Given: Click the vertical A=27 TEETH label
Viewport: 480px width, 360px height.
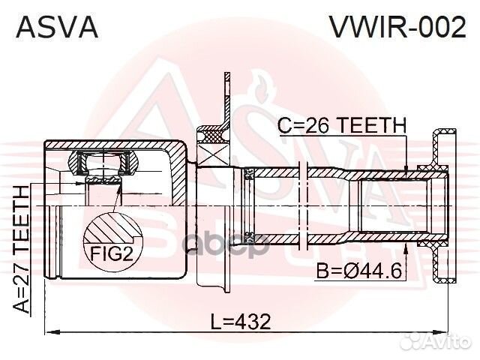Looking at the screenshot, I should (22, 248).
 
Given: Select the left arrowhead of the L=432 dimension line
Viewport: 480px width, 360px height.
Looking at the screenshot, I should (49, 333).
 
